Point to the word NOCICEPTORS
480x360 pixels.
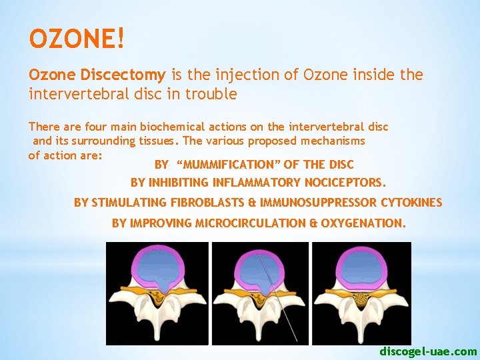pos(345,182)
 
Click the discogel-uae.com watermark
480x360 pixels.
pos(428,351)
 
